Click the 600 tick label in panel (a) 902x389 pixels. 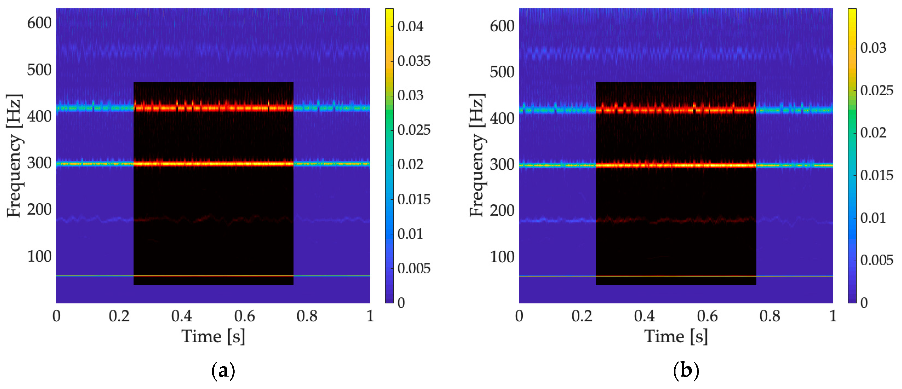coord(39,23)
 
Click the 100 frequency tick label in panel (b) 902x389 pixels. coord(502,257)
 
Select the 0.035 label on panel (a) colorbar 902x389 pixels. coord(414,61)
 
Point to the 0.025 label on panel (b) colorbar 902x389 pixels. coord(876,91)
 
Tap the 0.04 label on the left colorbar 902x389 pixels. coord(410,27)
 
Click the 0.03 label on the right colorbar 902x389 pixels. coord(873,48)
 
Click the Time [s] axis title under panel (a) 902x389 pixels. coord(213,337)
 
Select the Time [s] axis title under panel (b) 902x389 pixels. coord(676,337)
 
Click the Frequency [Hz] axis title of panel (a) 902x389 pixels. coord(15,156)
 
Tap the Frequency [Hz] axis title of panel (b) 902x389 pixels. coord(477,156)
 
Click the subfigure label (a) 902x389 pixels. coord(223,370)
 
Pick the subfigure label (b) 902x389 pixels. coord(686,370)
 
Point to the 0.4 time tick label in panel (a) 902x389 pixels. coord(182,316)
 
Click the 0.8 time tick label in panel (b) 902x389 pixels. coord(770,316)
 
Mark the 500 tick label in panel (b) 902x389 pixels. coord(502,72)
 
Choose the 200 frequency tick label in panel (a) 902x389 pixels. coord(39,210)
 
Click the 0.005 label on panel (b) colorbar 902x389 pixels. coord(876,260)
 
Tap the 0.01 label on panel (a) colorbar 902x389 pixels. coord(410,234)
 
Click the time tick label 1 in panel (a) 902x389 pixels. coord(370,316)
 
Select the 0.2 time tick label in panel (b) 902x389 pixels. coord(582,316)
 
